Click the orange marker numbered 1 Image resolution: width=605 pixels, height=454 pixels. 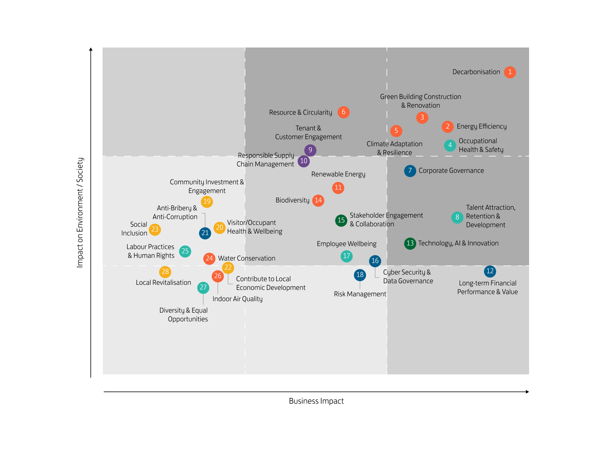pyautogui.click(x=510, y=72)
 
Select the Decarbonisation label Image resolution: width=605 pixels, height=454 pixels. pyautogui.click(x=476, y=72)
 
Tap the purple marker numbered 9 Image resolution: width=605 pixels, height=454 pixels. pyautogui.click(x=310, y=150)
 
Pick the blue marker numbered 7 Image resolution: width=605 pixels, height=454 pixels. pyautogui.click(x=410, y=171)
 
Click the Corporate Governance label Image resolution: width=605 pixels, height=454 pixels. pyautogui.click(x=451, y=171)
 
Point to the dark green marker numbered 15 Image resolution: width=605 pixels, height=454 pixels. pyautogui.click(x=341, y=220)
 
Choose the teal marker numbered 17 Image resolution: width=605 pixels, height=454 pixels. pyautogui.click(x=346, y=256)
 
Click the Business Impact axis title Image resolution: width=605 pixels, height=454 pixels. pyautogui.click(x=316, y=401)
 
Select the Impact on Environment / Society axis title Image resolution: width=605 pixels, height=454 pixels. pyautogui.click(x=80, y=212)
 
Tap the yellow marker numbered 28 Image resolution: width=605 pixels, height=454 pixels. pyautogui.click(x=165, y=272)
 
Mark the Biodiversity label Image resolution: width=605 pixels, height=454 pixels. pyautogui.click(x=292, y=200)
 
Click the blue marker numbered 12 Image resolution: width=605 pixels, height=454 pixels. pyautogui.click(x=490, y=271)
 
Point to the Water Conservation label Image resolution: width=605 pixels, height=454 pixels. pyautogui.click(x=247, y=258)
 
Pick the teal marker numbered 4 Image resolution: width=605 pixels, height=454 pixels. pyautogui.click(x=450, y=146)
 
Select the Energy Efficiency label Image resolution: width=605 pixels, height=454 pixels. pyautogui.click(x=482, y=127)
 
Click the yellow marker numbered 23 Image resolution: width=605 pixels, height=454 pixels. pyautogui.click(x=155, y=229)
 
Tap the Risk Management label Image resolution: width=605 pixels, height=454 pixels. pyautogui.click(x=360, y=294)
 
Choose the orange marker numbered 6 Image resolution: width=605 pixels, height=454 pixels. pyautogui.click(x=343, y=112)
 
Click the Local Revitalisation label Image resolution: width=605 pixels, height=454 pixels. pyautogui.click(x=163, y=283)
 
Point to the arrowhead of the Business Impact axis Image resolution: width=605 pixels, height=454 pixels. pyautogui.click(x=527, y=392)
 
